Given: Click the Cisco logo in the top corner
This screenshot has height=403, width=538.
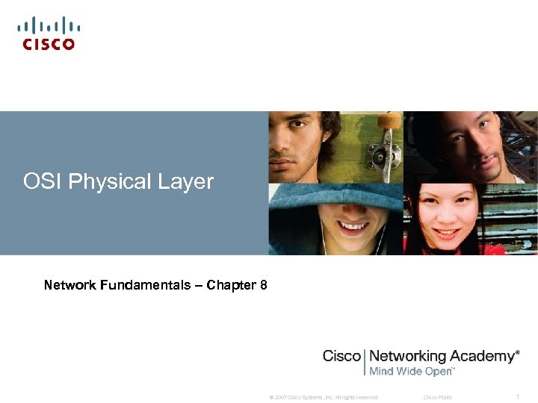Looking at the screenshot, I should tap(49, 34).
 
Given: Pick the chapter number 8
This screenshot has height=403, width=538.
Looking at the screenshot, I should tap(264, 285).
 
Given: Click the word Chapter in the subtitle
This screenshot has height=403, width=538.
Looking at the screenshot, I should tap(230, 285).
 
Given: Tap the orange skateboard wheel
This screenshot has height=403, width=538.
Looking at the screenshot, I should tap(389, 120).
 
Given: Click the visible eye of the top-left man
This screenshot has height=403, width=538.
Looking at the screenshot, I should tap(283, 140).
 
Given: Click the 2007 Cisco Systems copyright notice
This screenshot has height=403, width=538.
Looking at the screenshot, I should tap(324, 397).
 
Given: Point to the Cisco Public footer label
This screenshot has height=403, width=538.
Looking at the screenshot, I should tap(438, 397).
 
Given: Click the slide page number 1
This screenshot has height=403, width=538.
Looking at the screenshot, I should tap(518, 396).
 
